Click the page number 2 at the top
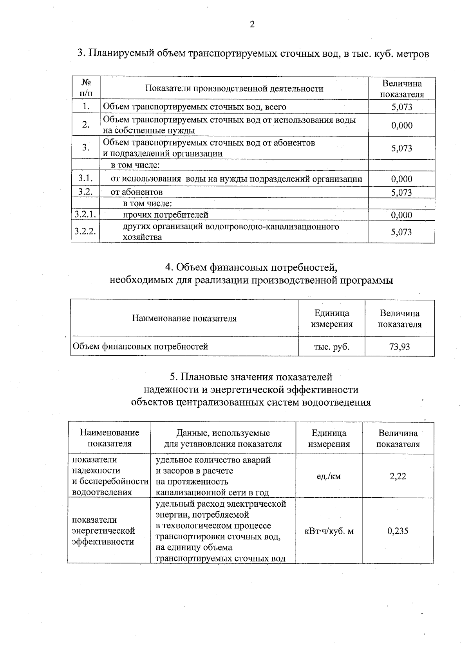[252, 25]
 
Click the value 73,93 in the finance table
[399, 346]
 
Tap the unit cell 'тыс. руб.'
[331, 346]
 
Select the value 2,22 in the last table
[398, 476]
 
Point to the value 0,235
[398, 531]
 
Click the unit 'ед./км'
[329, 476]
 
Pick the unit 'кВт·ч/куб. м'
[329, 531]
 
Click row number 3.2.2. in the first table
[85, 231]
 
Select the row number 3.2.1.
[85, 214]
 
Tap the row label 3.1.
[85, 178]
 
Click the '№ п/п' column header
[86, 88]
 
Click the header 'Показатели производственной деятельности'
[234, 88]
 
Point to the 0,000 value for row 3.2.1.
[401, 215]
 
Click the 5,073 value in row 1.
[401, 107]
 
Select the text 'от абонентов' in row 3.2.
[136, 192]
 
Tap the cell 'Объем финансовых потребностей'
[140, 346]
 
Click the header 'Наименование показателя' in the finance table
[184, 318]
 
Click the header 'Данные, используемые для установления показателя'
[222, 438]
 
